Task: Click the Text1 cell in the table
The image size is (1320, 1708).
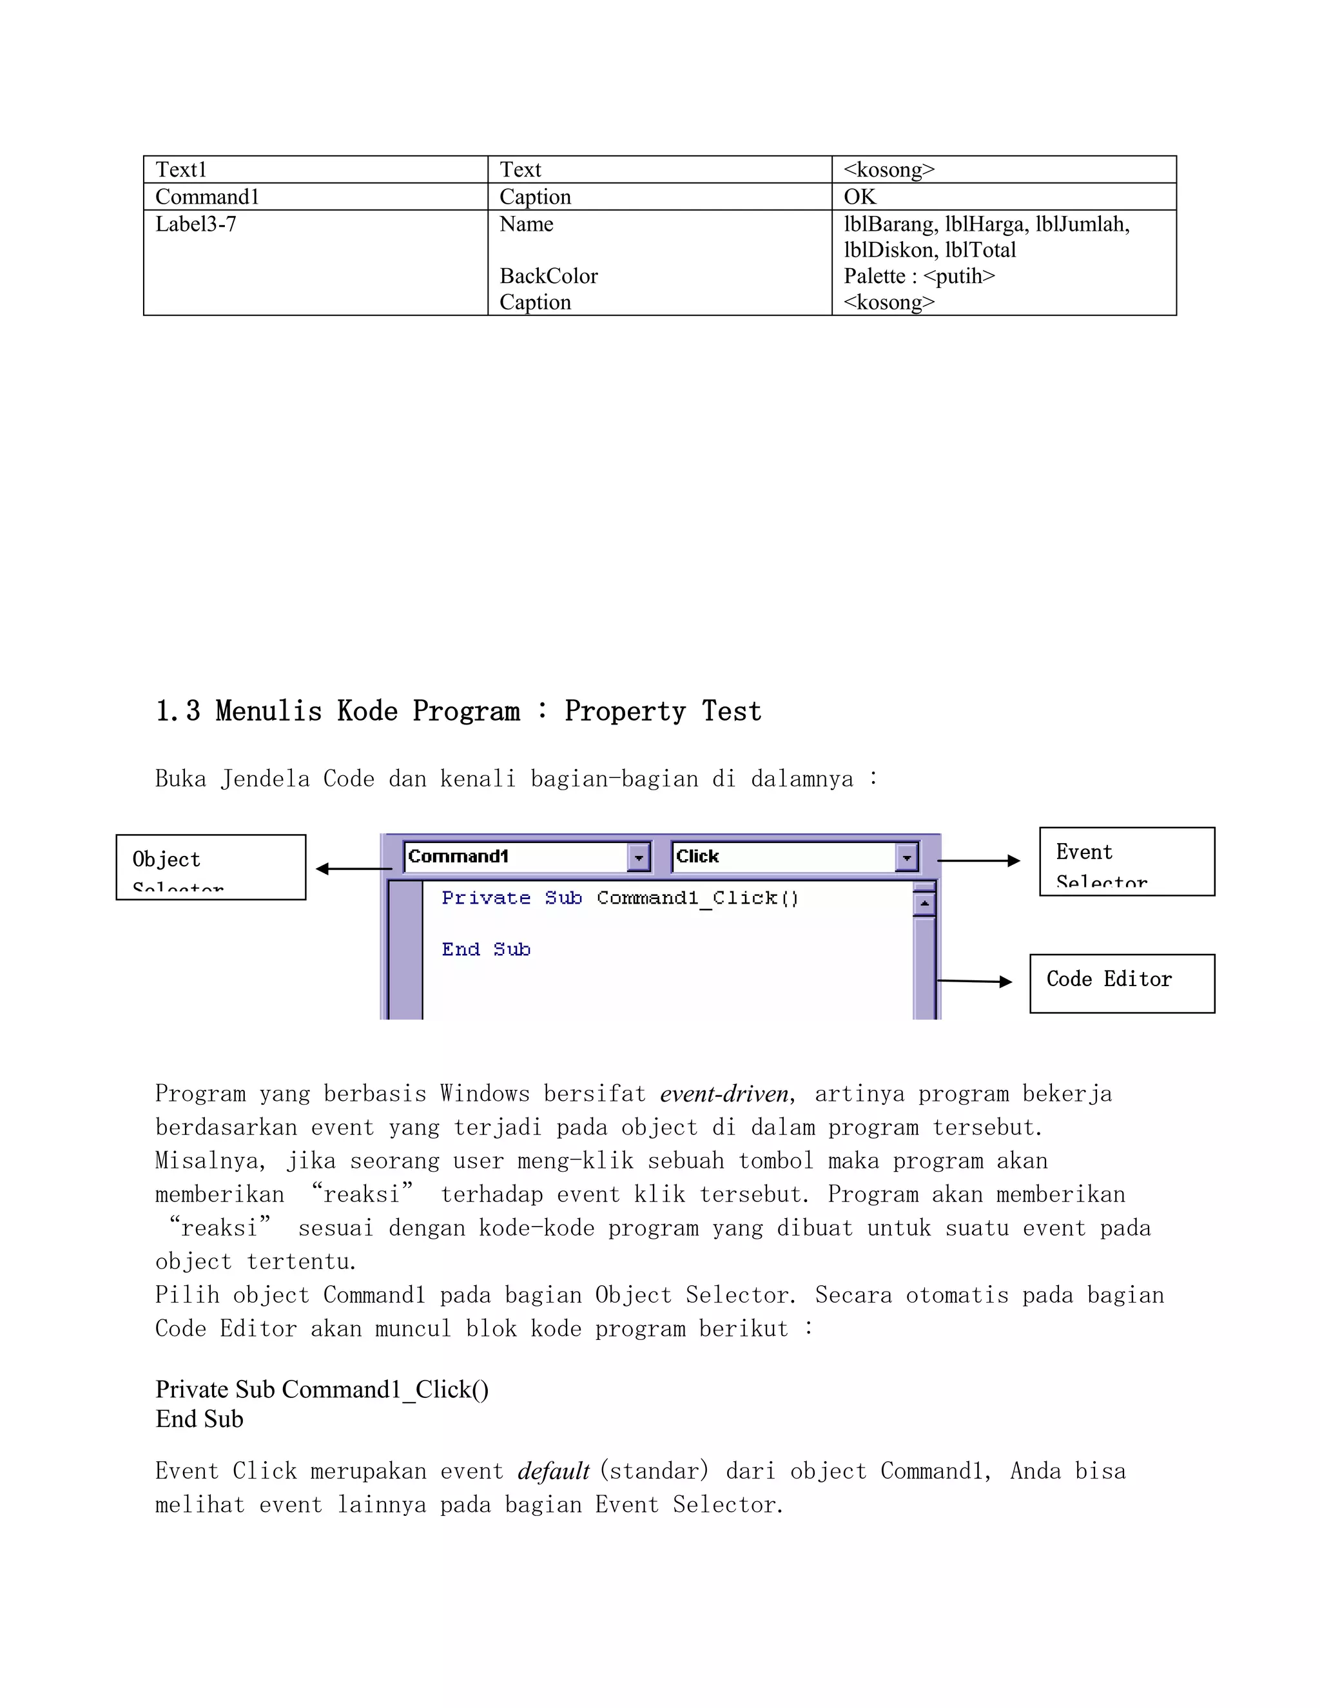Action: [181, 170]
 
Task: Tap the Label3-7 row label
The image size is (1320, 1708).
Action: [195, 224]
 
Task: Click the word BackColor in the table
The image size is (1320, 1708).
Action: [548, 276]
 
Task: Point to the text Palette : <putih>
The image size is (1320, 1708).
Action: [919, 276]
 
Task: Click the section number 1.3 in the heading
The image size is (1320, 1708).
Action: [177, 711]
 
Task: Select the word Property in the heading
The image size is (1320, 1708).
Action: [624, 711]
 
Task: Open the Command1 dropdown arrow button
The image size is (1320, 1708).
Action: [639, 857]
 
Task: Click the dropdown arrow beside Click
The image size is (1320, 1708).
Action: [906, 857]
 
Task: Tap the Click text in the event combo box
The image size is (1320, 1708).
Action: [697, 857]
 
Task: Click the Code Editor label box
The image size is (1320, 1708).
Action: [1121, 983]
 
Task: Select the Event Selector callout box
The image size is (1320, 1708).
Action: [1126, 861]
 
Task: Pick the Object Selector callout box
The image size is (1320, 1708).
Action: [210, 868]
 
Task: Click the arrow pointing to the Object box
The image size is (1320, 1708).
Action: [353, 868]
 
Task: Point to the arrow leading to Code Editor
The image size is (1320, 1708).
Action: [975, 981]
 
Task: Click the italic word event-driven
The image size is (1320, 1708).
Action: [723, 1094]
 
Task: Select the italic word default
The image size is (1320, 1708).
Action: [553, 1472]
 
